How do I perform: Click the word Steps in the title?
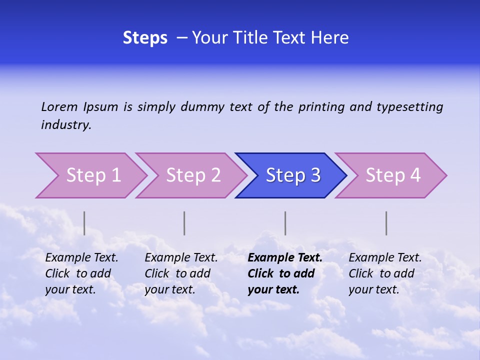(145, 38)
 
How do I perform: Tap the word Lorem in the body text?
(59, 106)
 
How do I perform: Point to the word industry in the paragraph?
(66, 125)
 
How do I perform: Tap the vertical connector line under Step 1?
(84, 223)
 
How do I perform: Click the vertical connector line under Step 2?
(184, 223)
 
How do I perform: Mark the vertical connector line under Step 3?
(285, 223)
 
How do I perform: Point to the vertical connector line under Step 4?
(386, 223)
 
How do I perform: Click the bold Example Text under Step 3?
(285, 258)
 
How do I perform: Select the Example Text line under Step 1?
(81, 258)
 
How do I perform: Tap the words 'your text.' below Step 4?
(374, 289)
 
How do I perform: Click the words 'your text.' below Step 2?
(170, 289)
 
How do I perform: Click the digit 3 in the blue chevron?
(315, 175)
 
